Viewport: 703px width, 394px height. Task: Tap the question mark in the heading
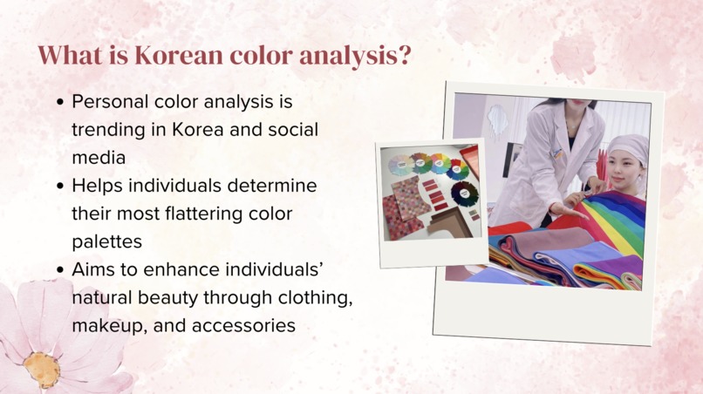click(x=403, y=56)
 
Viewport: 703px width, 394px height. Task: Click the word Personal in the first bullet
click(x=109, y=101)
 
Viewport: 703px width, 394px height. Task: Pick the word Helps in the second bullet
click(x=96, y=186)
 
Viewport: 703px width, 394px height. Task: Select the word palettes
click(x=107, y=242)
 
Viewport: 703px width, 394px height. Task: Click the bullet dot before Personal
click(x=60, y=102)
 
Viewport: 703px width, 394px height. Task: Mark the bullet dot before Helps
click(x=60, y=187)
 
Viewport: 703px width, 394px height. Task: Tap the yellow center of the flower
click(x=42, y=370)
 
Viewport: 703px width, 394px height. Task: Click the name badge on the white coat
click(x=555, y=153)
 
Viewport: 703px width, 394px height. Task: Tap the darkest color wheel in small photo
click(x=464, y=193)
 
